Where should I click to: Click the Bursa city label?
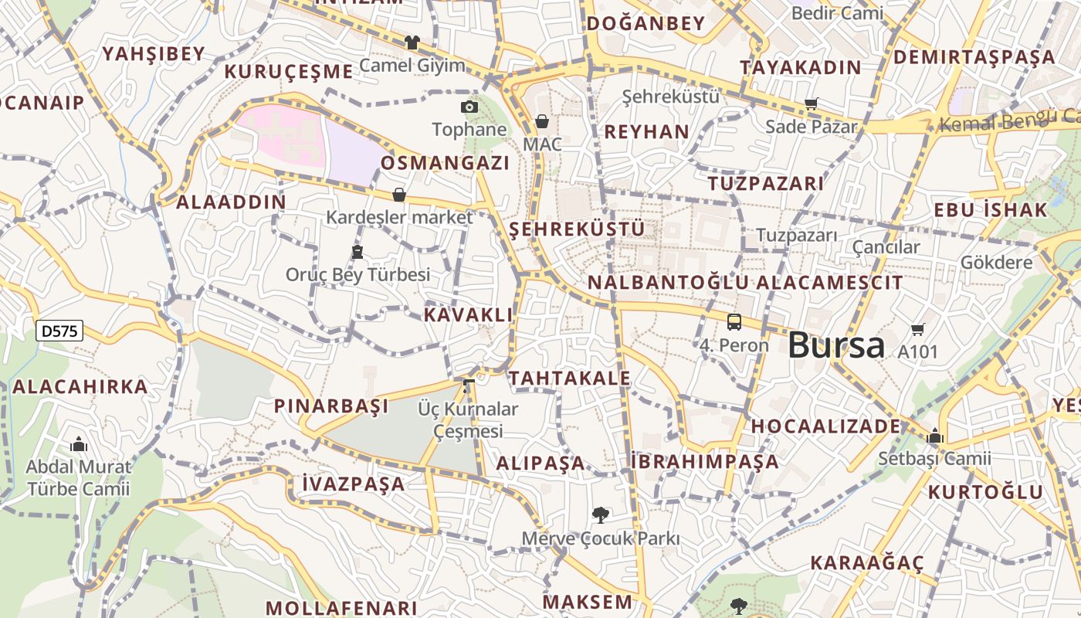pos(836,345)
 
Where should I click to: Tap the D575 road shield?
pos(59,331)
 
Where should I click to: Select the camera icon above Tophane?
pos(469,107)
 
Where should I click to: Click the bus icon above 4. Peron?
pos(734,322)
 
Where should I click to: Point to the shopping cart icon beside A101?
pos(917,330)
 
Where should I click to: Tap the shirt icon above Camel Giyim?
pos(412,42)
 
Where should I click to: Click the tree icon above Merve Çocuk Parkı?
pos(600,514)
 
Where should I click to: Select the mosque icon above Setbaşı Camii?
pos(935,436)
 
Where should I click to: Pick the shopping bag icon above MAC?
pos(541,121)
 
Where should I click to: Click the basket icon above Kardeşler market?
pos(399,195)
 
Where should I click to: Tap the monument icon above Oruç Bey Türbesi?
pos(357,251)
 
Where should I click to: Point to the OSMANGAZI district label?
pos(445,163)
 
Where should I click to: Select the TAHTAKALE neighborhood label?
pos(569,378)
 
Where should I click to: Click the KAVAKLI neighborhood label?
pos(468,314)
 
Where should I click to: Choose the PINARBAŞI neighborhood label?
pos(331,406)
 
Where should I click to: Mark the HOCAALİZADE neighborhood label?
pos(825,426)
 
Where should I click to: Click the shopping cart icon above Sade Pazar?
pos(811,104)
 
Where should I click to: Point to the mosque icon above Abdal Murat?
pos(78,445)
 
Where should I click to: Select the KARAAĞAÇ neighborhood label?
pos(866,562)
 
